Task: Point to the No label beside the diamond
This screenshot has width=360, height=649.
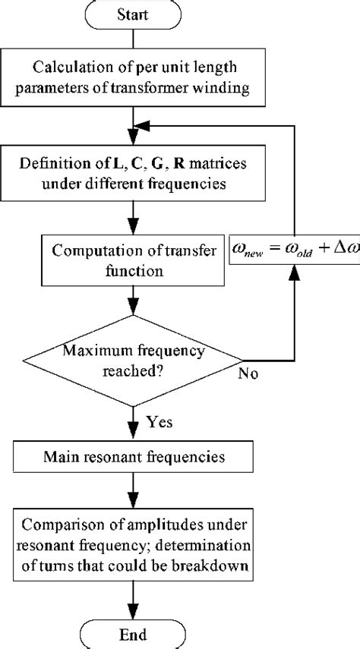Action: tap(248, 374)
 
